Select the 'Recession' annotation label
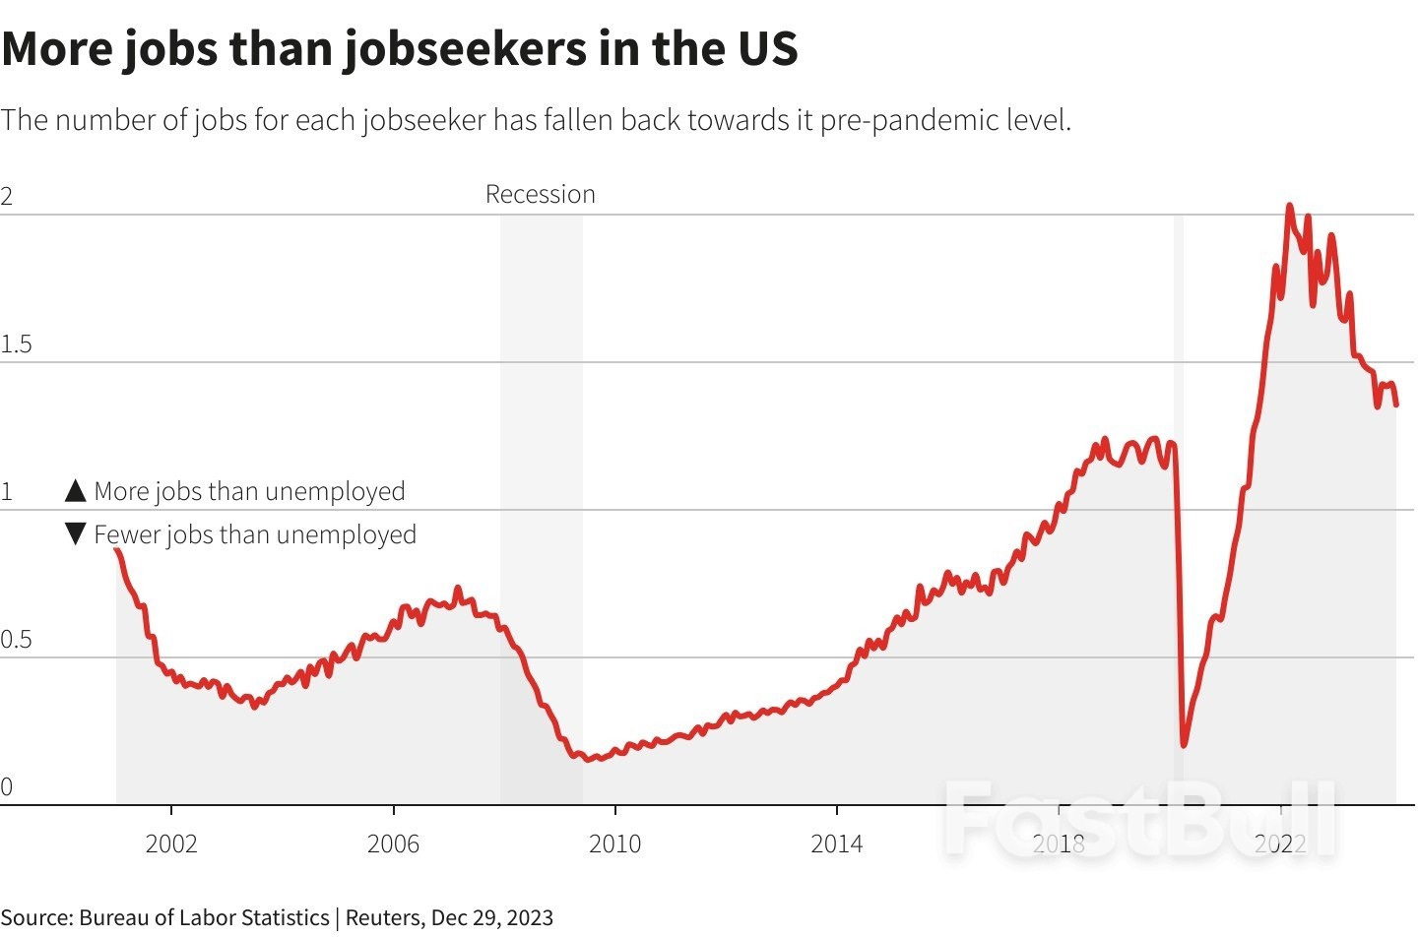tap(540, 194)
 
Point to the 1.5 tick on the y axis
tap(17, 344)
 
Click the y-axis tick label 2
tap(7, 196)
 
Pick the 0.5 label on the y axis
tap(17, 640)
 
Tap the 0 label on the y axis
tap(7, 786)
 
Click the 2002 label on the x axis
tap(171, 843)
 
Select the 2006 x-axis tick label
tap(393, 843)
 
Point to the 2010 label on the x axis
tap(614, 843)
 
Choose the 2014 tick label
tap(836, 843)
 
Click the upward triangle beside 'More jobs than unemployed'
tap(76, 490)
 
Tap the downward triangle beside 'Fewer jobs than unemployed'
tap(76, 533)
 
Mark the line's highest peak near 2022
tap(1289, 207)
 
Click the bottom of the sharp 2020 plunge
tap(1183, 744)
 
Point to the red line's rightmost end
tap(1396, 404)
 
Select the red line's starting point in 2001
tap(117, 550)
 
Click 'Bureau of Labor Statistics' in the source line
tap(204, 917)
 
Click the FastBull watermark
tap(1139, 819)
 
